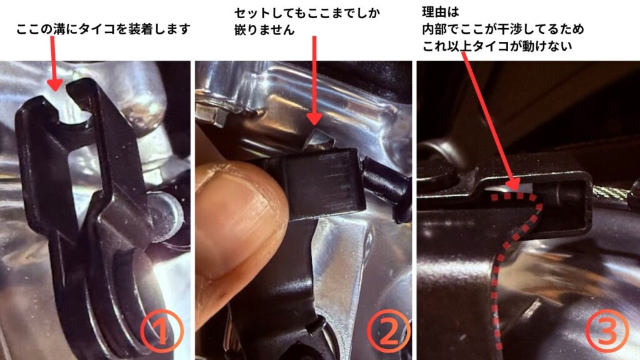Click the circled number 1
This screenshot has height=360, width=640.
(x=161, y=331)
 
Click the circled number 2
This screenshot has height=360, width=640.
(x=388, y=331)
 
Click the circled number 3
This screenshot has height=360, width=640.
(x=607, y=331)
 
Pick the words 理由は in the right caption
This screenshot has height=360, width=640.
(x=441, y=12)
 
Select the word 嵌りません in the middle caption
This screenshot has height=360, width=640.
(x=264, y=30)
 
